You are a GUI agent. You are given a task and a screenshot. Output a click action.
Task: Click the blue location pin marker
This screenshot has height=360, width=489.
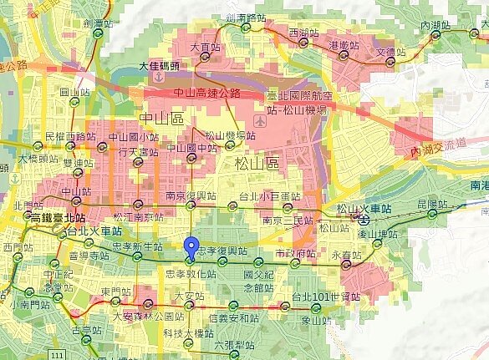(192, 247)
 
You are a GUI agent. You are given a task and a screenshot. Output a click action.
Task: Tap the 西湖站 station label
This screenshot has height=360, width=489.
(302, 32)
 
